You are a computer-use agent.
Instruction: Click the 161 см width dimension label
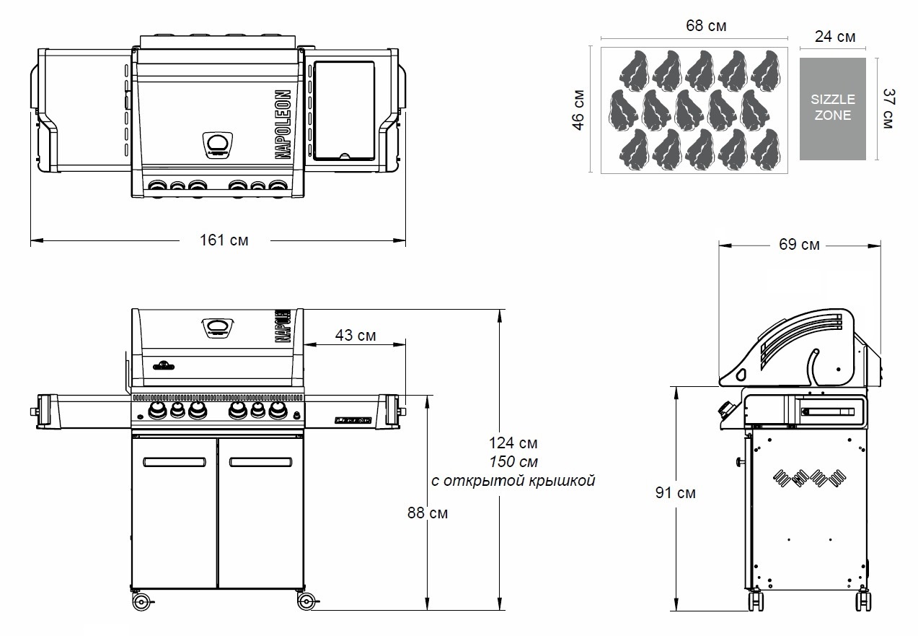[x=224, y=240]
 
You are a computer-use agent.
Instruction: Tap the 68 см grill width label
[x=705, y=27]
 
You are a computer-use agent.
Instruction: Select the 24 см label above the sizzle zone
[x=835, y=37]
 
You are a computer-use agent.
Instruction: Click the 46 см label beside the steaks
[x=579, y=110]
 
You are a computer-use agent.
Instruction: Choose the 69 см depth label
[x=799, y=245]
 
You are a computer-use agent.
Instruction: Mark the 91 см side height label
[x=676, y=493]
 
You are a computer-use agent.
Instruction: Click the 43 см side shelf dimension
[x=356, y=336]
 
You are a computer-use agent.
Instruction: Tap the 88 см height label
[x=428, y=513]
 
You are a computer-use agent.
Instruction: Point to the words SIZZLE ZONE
[x=832, y=108]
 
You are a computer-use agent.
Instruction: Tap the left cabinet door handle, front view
[x=174, y=461]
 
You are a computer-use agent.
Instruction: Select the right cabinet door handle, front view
[x=260, y=461]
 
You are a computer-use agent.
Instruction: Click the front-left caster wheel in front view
[x=141, y=601]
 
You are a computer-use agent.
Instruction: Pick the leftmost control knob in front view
[x=156, y=411]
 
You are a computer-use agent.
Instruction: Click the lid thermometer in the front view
[x=218, y=328]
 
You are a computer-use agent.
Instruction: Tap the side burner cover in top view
[x=344, y=110]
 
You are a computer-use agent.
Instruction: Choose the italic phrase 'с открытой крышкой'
[x=513, y=481]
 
